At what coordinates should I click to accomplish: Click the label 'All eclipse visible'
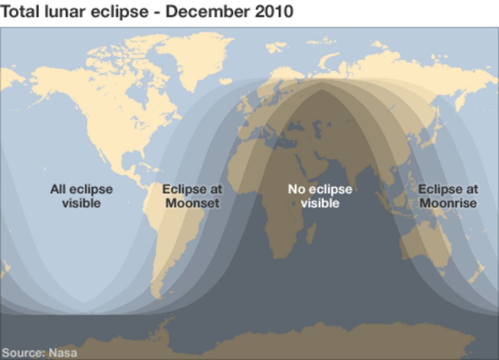coord(81,196)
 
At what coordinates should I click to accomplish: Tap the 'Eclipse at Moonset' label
coord(192,196)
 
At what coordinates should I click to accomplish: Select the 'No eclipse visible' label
coord(320,196)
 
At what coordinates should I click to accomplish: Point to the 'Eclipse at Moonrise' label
coord(448,196)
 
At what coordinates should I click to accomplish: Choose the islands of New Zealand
coord(478,271)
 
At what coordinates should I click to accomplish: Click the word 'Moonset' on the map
coord(192,203)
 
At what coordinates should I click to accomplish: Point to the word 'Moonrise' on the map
coord(448,203)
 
